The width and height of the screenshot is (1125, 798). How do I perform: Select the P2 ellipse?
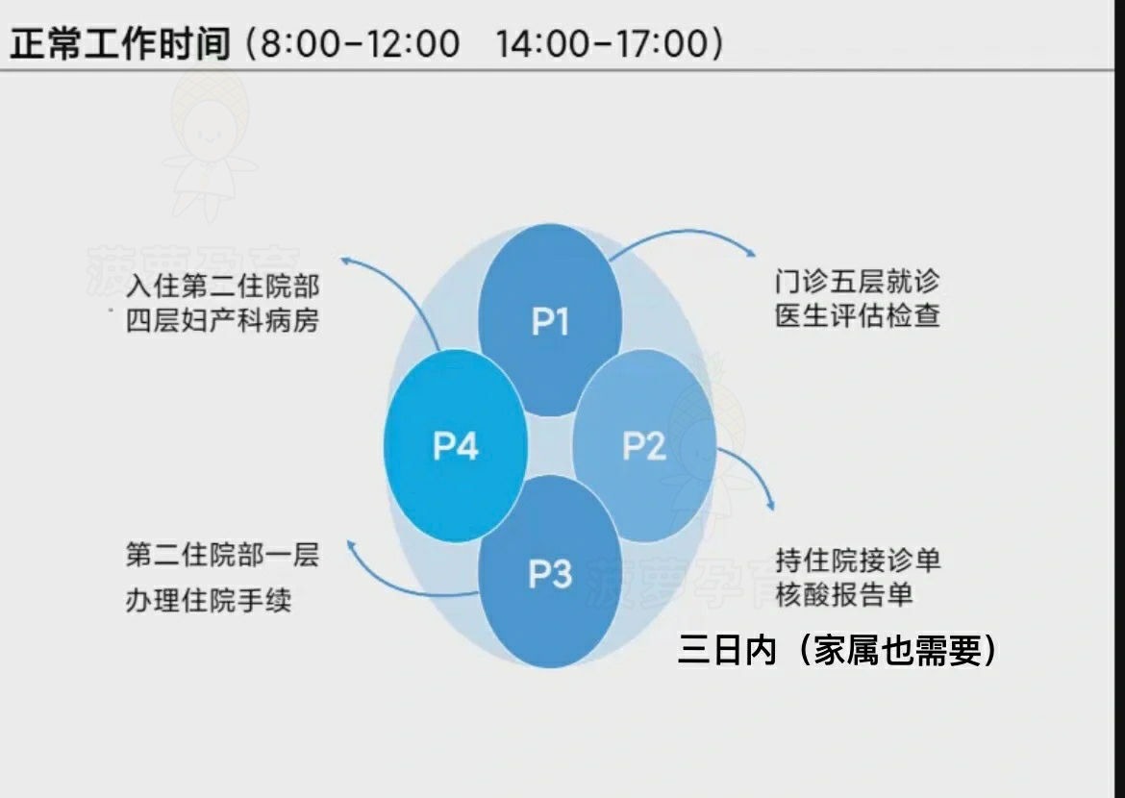click(x=644, y=445)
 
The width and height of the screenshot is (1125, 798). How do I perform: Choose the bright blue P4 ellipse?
click(x=456, y=445)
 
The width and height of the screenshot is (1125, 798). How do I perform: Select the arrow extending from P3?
click(x=404, y=583)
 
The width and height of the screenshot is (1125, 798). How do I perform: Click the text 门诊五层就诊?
click(x=857, y=282)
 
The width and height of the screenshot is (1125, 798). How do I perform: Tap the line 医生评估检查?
click(x=857, y=316)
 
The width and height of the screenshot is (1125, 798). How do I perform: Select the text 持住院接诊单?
click(x=858, y=560)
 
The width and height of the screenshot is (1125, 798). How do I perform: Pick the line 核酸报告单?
click(x=843, y=594)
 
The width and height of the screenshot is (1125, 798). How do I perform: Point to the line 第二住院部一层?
click(x=222, y=555)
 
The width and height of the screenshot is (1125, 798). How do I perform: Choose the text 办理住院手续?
click(x=209, y=601)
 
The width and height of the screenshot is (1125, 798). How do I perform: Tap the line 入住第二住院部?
click(x=222, y=286)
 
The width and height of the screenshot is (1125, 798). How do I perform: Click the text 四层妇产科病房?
click(x=222, y=320)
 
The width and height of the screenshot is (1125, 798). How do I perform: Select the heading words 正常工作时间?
click(x=120, y=43)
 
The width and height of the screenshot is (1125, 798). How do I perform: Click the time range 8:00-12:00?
click(x=354, y=44)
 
